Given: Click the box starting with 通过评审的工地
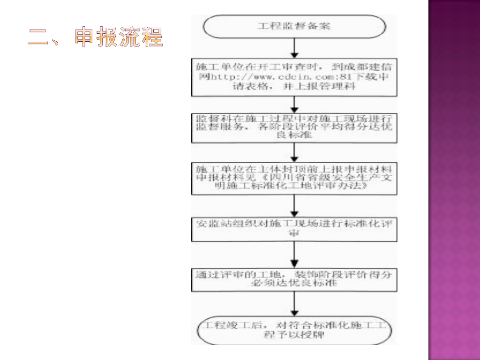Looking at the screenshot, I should tap(294, 279).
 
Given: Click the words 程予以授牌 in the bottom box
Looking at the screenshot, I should tap(294, 336).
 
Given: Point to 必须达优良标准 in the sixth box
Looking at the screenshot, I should tap(294, 284).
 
